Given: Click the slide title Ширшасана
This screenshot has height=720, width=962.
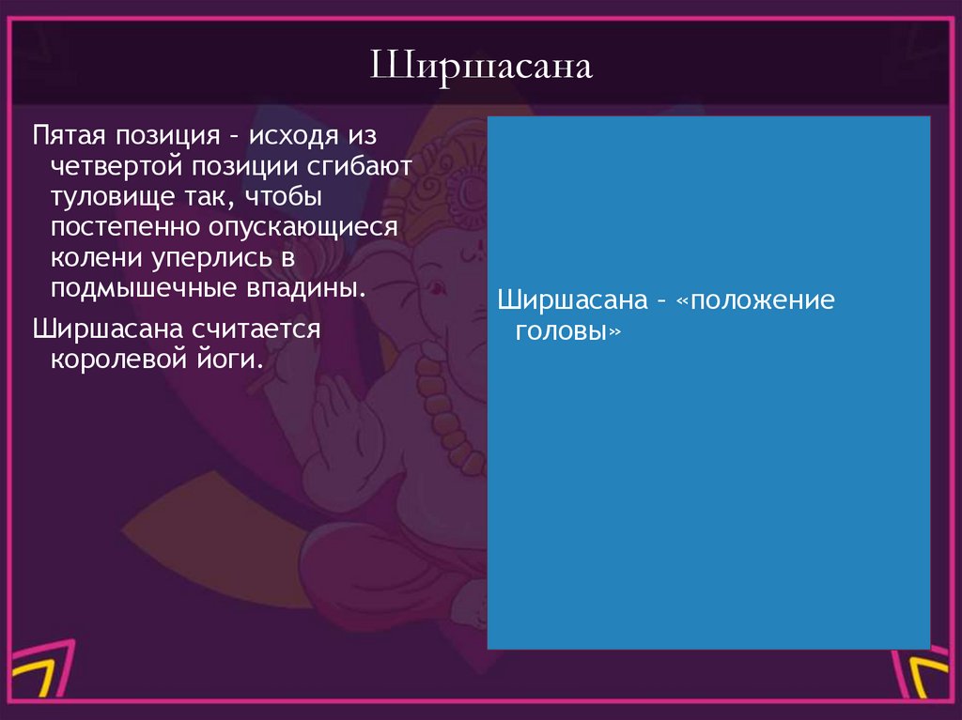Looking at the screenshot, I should click(x=480, y=69).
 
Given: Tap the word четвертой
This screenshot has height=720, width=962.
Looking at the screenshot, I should click(x=116, y=168).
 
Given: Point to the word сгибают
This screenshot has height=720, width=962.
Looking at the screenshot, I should click(x=359, y=168).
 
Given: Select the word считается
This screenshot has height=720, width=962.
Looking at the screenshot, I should click(x=258, y=330).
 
